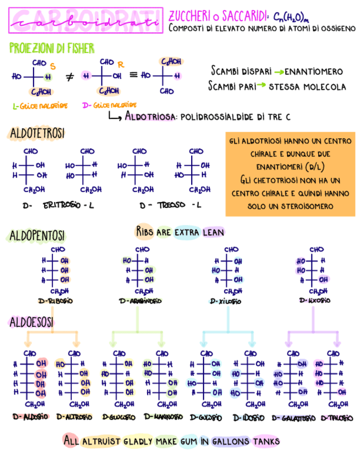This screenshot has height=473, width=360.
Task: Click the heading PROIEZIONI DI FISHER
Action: (x=52, y=49)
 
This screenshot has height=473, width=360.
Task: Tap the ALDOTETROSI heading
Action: (x=37, y=133)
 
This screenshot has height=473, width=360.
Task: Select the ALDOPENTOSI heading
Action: (x=37, y=235)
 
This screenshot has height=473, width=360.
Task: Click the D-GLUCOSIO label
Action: (x=119, y=417)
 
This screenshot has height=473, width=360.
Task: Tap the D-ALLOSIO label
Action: (x=31, y=417)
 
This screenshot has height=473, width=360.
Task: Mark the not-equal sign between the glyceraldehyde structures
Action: (x=70, y=76)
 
